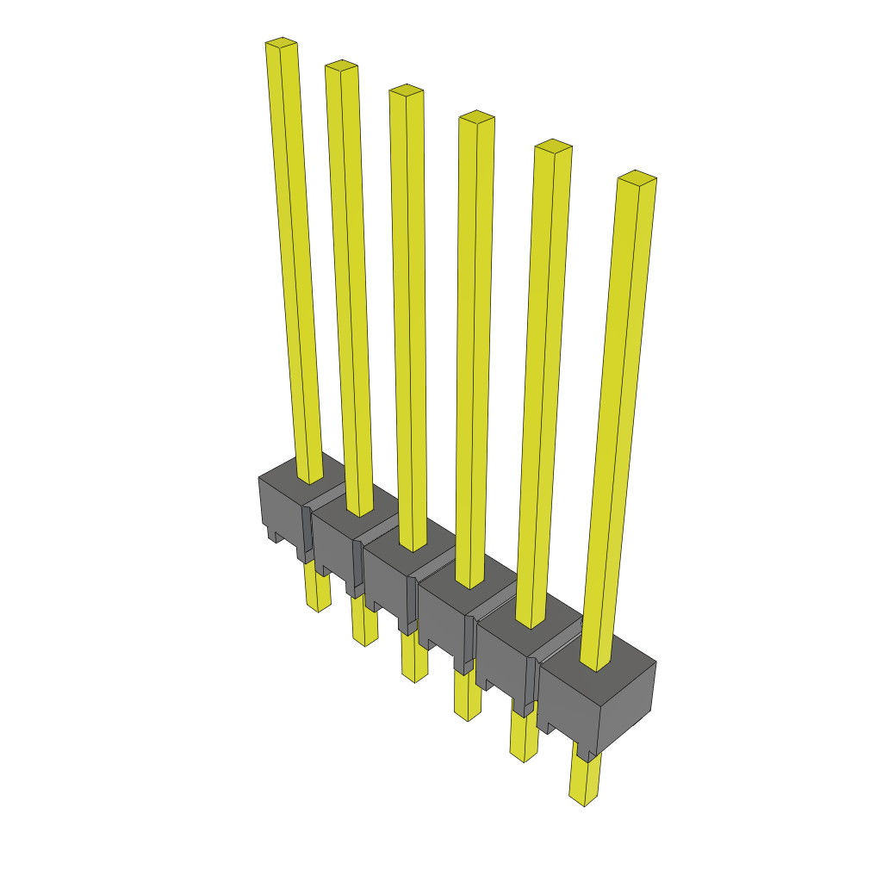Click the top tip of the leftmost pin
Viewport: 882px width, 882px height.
[x=282, y=42]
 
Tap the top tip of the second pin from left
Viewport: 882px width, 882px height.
[x=341, y=65]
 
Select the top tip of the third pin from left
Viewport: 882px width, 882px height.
[x=406, y=90]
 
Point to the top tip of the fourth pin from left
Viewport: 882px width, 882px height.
[x=476, y=116]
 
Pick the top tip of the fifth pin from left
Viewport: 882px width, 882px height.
[x=553, y=145]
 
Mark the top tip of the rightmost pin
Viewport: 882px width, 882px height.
[x=637, y=177]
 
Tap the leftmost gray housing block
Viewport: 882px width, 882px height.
[x=280, y=508]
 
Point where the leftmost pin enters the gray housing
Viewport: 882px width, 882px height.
[x=309, y=478]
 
